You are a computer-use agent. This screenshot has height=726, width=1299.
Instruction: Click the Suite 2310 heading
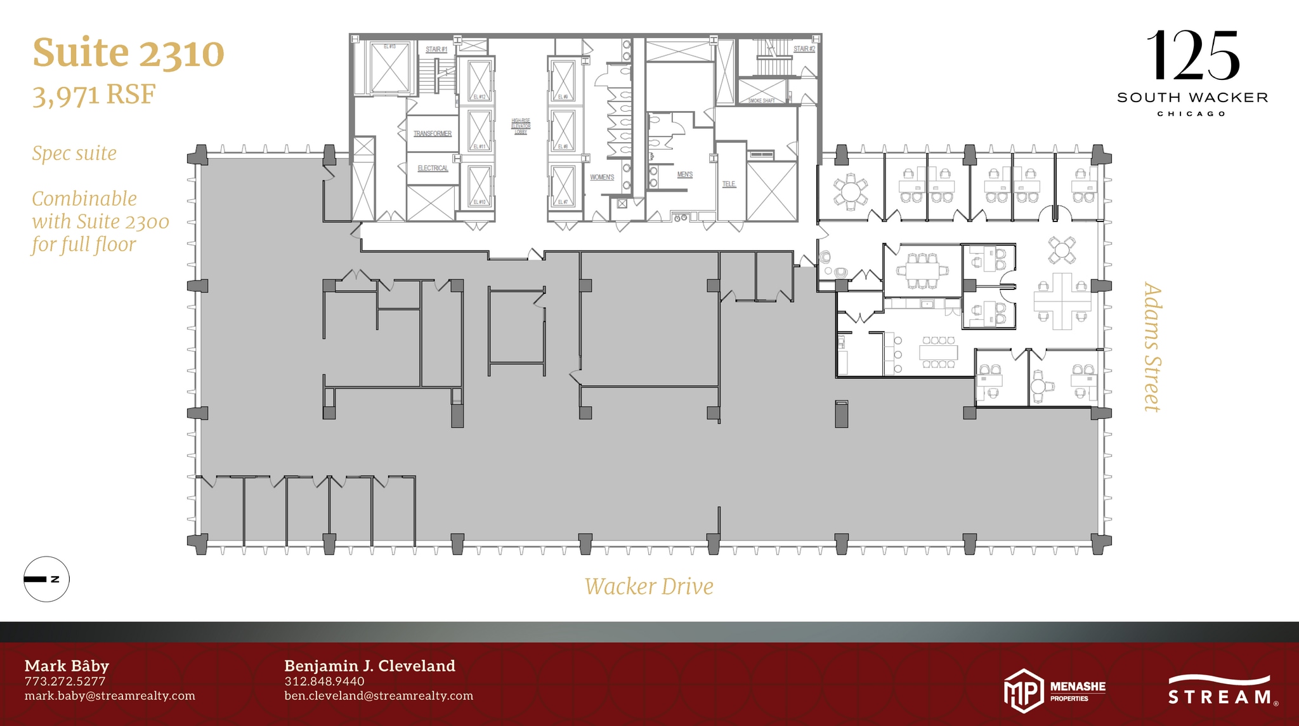pyautogui.click(x=128, y=53)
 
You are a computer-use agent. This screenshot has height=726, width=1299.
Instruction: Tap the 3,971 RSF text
pyautogui.click(x=94, y=95)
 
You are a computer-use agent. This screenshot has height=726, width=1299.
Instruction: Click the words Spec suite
pyautogui.click(x=74, y=154)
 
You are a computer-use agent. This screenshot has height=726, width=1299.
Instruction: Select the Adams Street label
pyautogui.click(x=1152, y=347)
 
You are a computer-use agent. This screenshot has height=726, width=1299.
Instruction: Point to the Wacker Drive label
pyautogui.click(x=649, y=586)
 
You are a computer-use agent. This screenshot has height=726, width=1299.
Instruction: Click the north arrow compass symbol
pyautogui.click(x=46, y=579)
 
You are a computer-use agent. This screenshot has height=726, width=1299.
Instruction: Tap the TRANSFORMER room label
pyautogui.click(x=433, y=134)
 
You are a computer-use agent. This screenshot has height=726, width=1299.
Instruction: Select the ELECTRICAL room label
pyautogui.click(x=433, y=168)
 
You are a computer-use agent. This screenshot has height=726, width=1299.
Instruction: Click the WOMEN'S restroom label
pyautogui.click(x=602, y=177)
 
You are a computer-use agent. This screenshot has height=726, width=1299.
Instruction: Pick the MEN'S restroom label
pyautogui.click(x=685, y=175)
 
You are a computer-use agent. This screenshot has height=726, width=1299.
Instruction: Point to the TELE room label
pyautogui.click(x=729, y=184)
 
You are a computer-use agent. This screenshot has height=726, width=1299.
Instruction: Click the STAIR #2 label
pyautogui.click(x=804, y=49)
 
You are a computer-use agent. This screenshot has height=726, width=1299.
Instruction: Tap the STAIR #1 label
pyautogui.click(x=436, y=49)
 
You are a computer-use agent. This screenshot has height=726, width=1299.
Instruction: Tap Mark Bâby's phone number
pyautogui.click(x=65, y=682)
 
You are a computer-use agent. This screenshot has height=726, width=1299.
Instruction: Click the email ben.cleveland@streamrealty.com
pyautogui.click(x=379, y=696)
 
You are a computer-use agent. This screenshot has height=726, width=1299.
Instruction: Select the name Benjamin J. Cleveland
pyautogui.click(x=370, y=666)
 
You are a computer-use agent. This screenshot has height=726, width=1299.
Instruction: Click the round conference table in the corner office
pyautogui.click(x=850, y=191)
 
